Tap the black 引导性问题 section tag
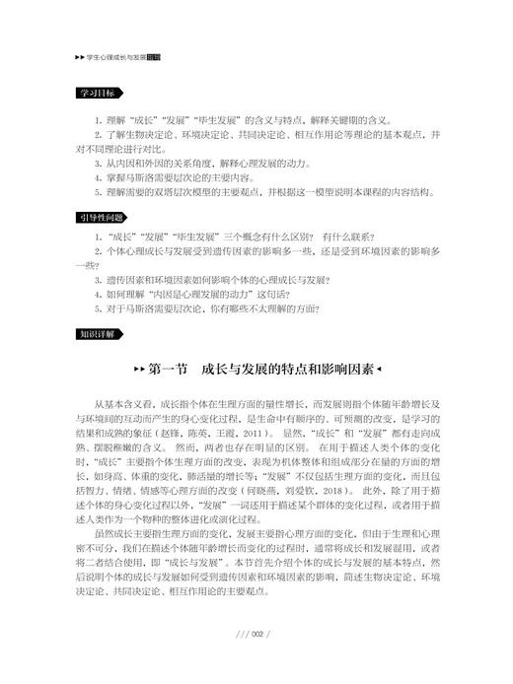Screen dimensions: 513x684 [x=103, y=216]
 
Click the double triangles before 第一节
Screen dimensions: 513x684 [x=137, y=372]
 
